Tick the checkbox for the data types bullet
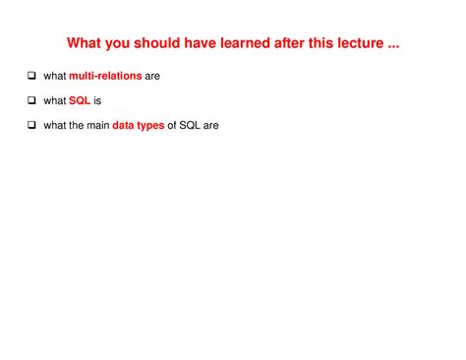point(31,126)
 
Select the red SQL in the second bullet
point(80,101)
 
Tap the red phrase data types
point(139,126)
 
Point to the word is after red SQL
point(98,101)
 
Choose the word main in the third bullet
point(96,126)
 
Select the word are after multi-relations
point(152,77)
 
